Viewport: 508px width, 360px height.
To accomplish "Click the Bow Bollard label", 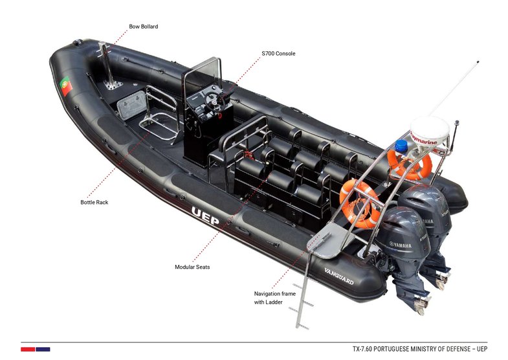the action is pos(143,27).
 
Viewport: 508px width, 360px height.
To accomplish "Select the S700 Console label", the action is pos(278,54).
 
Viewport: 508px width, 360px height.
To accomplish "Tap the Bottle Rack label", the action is pos(94,202).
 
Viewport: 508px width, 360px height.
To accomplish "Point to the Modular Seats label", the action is pos(192,267).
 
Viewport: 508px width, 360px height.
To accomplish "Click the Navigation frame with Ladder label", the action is pos(275,298).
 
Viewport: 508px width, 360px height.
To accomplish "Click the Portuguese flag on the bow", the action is pos(66,86).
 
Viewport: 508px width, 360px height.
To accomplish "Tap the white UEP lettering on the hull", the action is pos(205,216).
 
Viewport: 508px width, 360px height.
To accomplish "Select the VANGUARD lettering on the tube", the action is pos(339,276).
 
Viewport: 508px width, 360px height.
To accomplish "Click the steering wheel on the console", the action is pos(215,101).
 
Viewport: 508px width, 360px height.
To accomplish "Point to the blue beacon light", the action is pos(401,146).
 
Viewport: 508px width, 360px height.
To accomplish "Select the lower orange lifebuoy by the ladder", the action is pos(360,205).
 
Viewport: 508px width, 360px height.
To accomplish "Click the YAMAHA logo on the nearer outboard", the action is pos(401,245).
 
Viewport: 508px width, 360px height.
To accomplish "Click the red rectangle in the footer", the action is pos(28,349).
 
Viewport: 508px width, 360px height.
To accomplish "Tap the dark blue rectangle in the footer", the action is pos(43,349).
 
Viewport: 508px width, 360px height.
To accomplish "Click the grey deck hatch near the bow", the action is pos(131,105).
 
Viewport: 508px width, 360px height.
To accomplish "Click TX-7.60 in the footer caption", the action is pos(362,349).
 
